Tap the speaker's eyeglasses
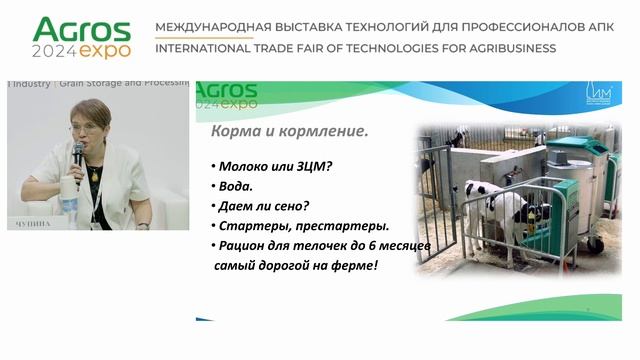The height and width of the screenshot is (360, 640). [x=83, y=127]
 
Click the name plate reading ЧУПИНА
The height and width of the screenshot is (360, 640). [x=34, y=224]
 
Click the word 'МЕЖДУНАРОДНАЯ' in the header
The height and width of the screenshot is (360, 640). [x=207, y=26]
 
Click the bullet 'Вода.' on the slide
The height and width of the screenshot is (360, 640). [x=233, y=186]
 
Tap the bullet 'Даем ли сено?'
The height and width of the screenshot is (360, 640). [x=258, y=206]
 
